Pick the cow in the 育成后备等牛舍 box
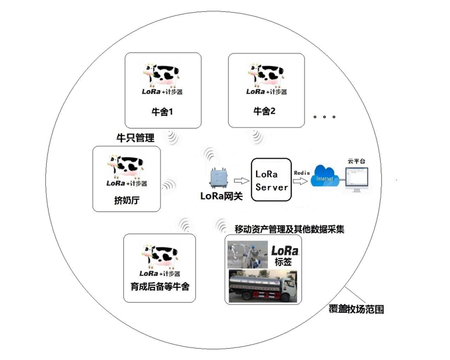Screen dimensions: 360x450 [160, 255]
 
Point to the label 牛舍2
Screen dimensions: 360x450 [265, 111]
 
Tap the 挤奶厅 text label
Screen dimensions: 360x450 [127, 199]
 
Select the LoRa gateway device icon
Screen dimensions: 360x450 [219, 178]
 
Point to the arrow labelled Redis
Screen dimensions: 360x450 [302, 180]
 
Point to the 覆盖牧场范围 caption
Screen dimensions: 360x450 [357, 309]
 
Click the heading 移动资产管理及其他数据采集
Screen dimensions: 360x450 [289, 229]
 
